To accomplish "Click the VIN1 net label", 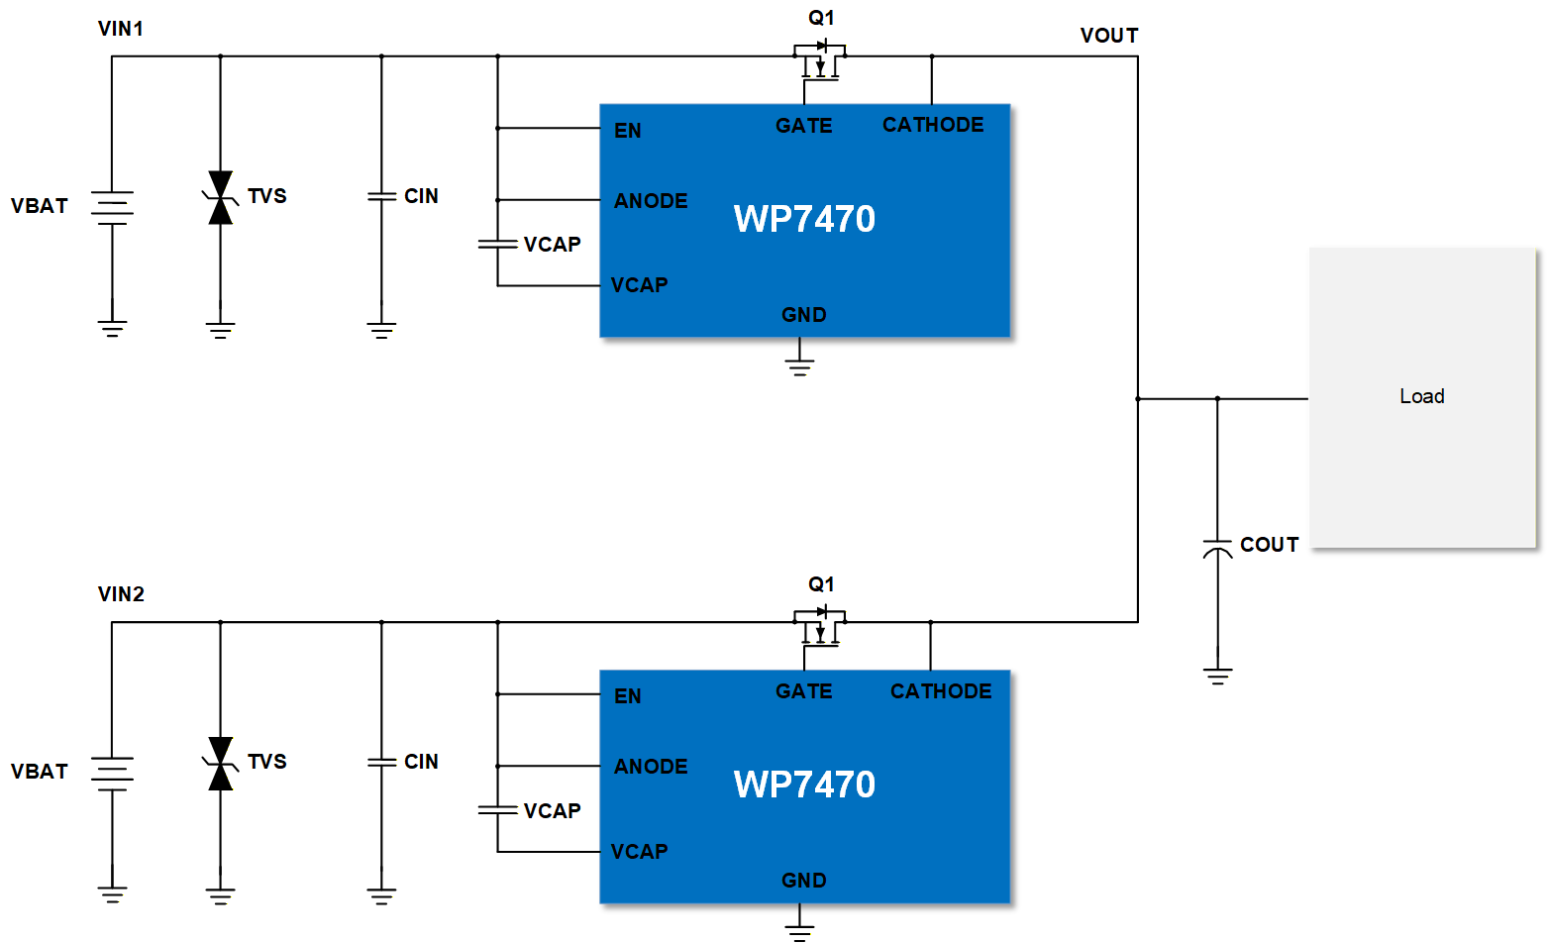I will pos(120,29).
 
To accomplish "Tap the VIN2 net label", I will pos(121,594).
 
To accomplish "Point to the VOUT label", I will pos(1108,36).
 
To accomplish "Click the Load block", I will pos(1421,397).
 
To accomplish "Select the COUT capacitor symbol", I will pos(1217,548).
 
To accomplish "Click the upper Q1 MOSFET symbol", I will pos(819,59).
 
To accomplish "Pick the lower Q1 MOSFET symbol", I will pos(819,625).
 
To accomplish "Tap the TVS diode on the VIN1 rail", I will pos(220,197).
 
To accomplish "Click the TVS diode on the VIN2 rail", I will pos(220,763).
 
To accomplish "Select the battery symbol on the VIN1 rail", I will pos(112,207).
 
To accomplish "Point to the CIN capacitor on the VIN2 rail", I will pos(381,762).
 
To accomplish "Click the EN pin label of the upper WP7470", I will pos(627,131).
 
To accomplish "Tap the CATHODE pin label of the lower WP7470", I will pos(940,691).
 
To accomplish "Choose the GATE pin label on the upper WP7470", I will pos(803,126).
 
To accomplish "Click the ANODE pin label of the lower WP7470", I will pos(650,767).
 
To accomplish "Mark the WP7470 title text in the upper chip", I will pos(804,219).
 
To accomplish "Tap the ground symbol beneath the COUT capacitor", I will pos(1217,677).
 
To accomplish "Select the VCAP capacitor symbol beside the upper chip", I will pos(497,244).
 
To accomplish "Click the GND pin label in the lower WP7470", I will pos(803,881).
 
